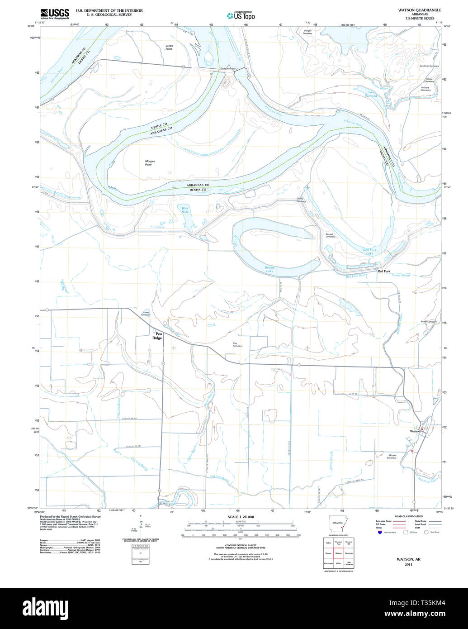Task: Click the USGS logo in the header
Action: tap(55, 14)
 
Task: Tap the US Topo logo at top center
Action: tap(241, 15)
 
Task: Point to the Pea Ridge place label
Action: tap(157, 336)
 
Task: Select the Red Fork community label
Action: tap(384, 271)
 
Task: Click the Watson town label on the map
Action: tap(415, 431)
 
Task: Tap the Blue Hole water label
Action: tap(185, 210)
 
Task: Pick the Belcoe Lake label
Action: tap(269, 269)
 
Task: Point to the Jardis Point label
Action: tap(169, 47)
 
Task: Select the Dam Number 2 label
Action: tap(229, 69)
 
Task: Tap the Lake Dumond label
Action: tap(370, 94)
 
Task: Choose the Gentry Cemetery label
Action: tap(301, 200)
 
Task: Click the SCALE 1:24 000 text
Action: tap(241, 517)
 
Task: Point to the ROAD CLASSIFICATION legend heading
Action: tap(408, 516)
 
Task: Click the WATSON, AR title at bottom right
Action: tap(408, 559)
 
